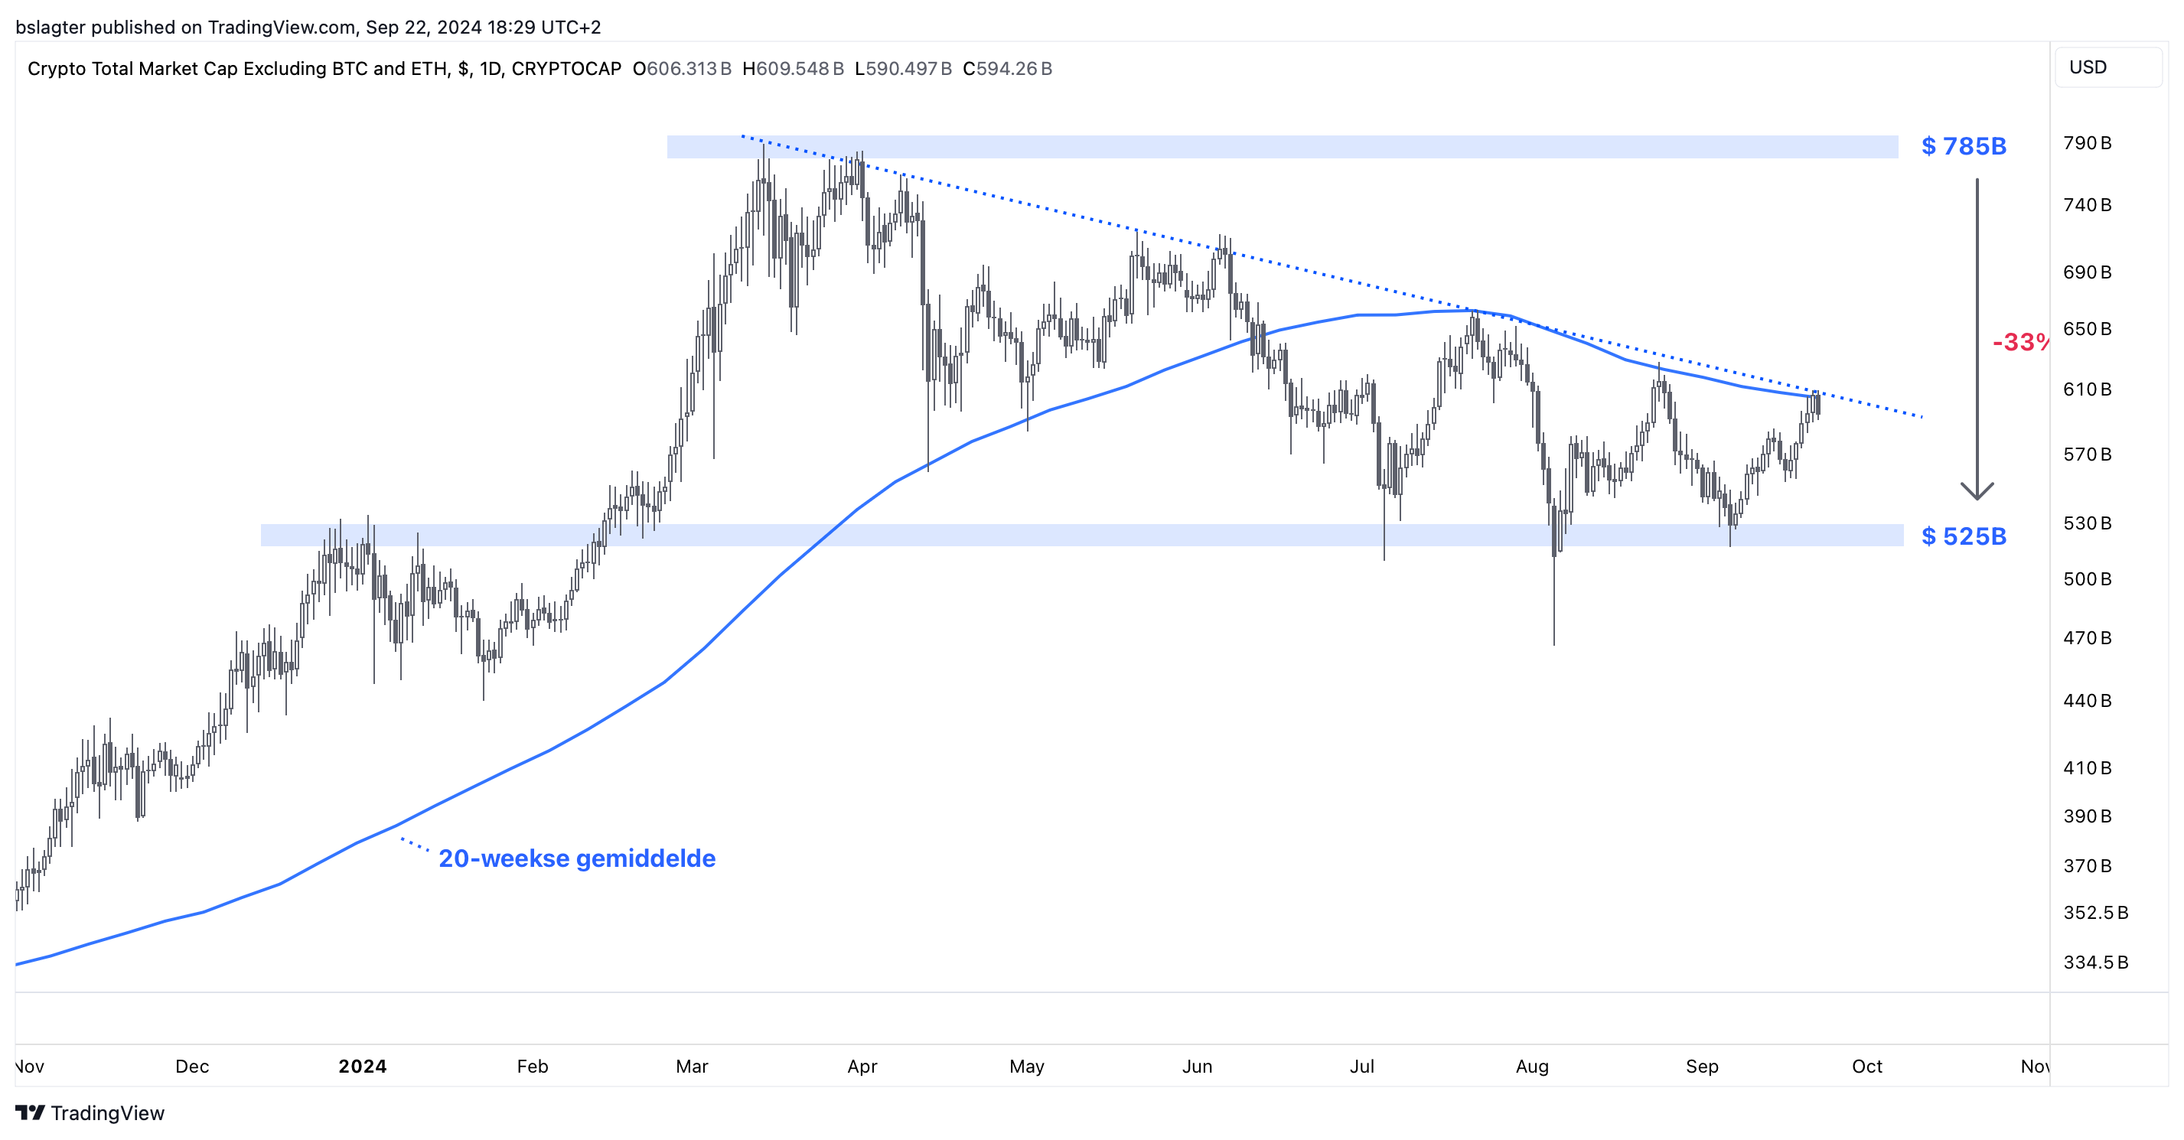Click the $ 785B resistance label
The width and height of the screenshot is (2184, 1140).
1963,147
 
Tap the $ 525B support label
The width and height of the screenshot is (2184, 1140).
1963,536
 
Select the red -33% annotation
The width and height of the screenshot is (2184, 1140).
2019,343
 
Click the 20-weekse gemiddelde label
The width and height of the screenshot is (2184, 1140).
576,858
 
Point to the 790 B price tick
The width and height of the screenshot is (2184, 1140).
2087,143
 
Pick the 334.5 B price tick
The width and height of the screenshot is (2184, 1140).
2095,962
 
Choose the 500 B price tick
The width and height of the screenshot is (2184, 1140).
2087,580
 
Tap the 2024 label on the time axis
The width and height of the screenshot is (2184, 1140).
362,1067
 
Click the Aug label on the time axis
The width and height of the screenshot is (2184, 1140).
1531,1067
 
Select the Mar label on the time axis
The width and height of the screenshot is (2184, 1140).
692,1067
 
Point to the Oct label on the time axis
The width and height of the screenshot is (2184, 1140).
1866,1067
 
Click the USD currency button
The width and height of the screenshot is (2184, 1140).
2088,68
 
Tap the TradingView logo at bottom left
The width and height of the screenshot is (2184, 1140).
90,1113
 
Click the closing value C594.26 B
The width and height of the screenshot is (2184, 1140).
1007,69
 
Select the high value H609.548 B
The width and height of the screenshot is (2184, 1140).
793,69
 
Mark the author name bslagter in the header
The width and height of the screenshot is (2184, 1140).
50,27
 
